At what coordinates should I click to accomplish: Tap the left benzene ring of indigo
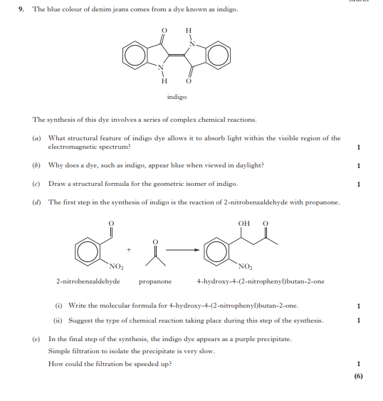tap(135, 54)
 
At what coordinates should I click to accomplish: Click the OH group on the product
tap(244, 224)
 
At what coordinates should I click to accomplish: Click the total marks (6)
tap(358, 377)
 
